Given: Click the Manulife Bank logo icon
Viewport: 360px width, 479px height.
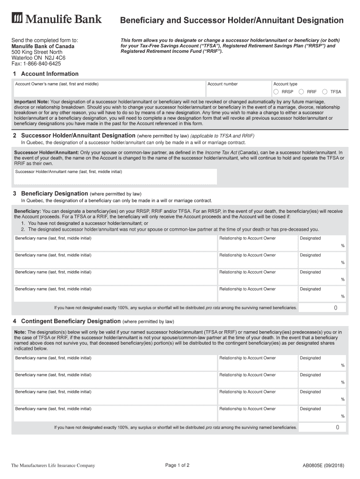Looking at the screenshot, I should [x=17, y=19].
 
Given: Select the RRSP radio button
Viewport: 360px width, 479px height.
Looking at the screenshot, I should [x=276, y=92].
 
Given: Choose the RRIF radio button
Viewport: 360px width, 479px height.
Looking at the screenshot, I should [x=302, y=92].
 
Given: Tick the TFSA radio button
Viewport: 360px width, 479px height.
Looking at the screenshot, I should [x=325, y=92].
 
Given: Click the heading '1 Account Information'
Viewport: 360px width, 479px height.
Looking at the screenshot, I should [x=46, y=74].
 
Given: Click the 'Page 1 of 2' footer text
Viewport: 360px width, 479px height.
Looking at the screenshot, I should [x=177, y=465].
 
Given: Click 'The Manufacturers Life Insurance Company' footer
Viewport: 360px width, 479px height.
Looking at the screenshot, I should [x=53, y=465].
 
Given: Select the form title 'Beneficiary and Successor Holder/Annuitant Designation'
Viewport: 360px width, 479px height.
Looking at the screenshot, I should [x=232, y=21].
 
